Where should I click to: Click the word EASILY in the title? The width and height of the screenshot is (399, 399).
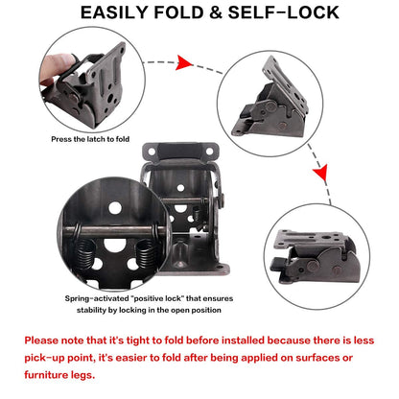(124, 12)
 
